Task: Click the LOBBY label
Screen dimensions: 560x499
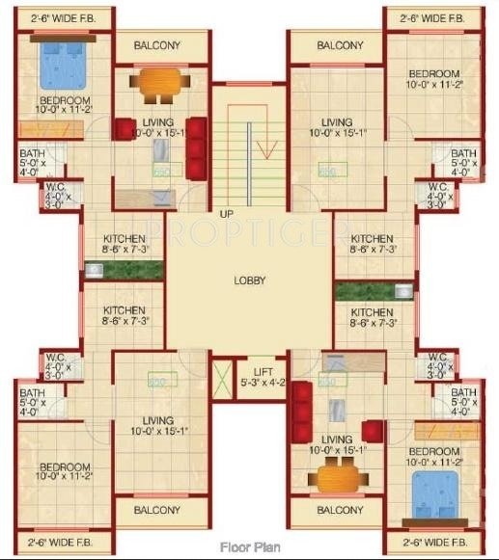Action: (249, 280)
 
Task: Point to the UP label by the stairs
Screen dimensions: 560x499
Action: (227, 213)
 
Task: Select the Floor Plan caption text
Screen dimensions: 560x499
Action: (249, 545)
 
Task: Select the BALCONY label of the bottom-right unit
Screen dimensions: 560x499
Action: (340, 510)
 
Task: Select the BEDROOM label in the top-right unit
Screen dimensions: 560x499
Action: (432, 74)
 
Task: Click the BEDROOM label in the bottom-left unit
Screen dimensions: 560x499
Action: (65, 467)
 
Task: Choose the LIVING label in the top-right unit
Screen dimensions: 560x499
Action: (337, 122)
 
